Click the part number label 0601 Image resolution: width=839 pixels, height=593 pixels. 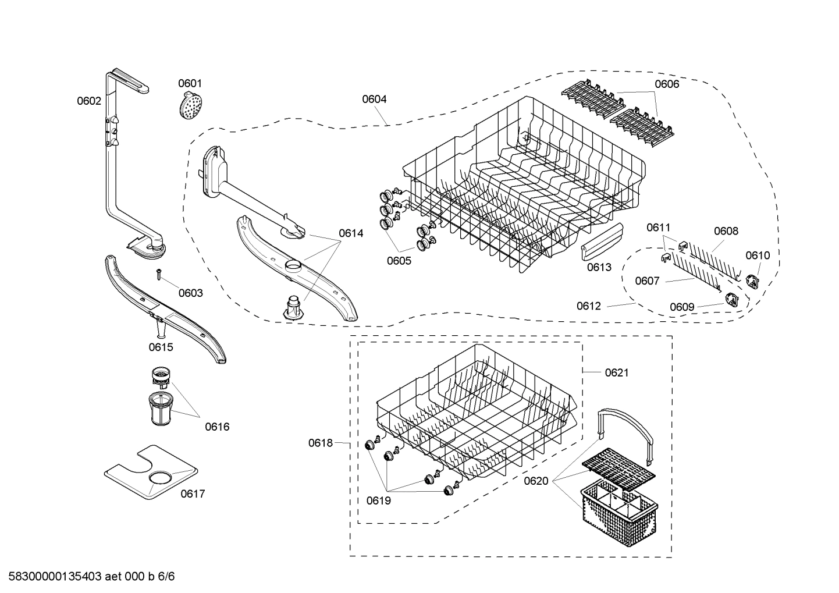point(190,84)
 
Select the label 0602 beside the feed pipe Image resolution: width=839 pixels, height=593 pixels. point(89,101)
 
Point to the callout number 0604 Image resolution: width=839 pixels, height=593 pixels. point(374,100)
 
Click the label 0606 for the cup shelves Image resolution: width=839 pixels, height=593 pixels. point(667,84)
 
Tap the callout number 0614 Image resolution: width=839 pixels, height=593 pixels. point(351,233)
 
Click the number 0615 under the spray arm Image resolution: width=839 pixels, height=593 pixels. point(161,347)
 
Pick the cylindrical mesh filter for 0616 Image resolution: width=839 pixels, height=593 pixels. point(159,410)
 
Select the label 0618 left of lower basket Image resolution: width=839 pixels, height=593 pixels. point(321,443)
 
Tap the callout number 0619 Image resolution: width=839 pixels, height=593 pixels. point(378,500)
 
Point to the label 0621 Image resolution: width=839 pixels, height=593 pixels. point(617,373)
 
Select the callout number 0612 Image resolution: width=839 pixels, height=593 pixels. point(589,306)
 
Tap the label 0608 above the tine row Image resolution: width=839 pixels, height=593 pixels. point(726,232)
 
